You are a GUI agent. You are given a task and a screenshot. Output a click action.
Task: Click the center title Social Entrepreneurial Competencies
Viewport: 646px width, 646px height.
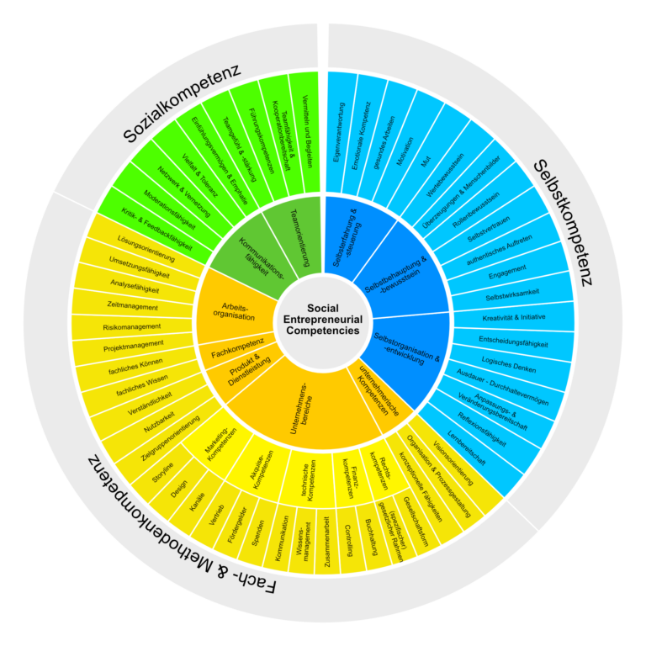click(323, 320)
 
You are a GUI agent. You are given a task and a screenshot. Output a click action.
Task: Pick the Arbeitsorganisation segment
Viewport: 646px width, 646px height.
click(236, 310)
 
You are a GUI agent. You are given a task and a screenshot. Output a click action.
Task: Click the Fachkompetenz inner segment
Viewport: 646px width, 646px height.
click(238, 348)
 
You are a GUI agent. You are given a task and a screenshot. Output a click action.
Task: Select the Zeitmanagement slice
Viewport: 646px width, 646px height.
click(133, 307)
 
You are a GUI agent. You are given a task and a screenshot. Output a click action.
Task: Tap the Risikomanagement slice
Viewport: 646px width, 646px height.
click(132, 327)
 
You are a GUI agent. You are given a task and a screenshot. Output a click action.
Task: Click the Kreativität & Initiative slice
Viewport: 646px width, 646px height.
click(513, 317)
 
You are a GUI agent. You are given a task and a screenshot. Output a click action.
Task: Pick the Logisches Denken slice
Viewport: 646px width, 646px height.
click(509, 364)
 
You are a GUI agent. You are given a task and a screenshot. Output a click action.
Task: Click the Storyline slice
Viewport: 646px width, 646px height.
click(162, 473)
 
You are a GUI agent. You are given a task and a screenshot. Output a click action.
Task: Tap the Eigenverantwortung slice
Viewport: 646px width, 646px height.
click(339, 133)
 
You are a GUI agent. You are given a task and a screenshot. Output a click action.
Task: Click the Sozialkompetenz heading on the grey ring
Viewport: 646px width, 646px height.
click(182, 103)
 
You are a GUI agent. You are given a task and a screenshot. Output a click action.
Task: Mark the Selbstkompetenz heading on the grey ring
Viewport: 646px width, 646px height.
click(563, 222)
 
